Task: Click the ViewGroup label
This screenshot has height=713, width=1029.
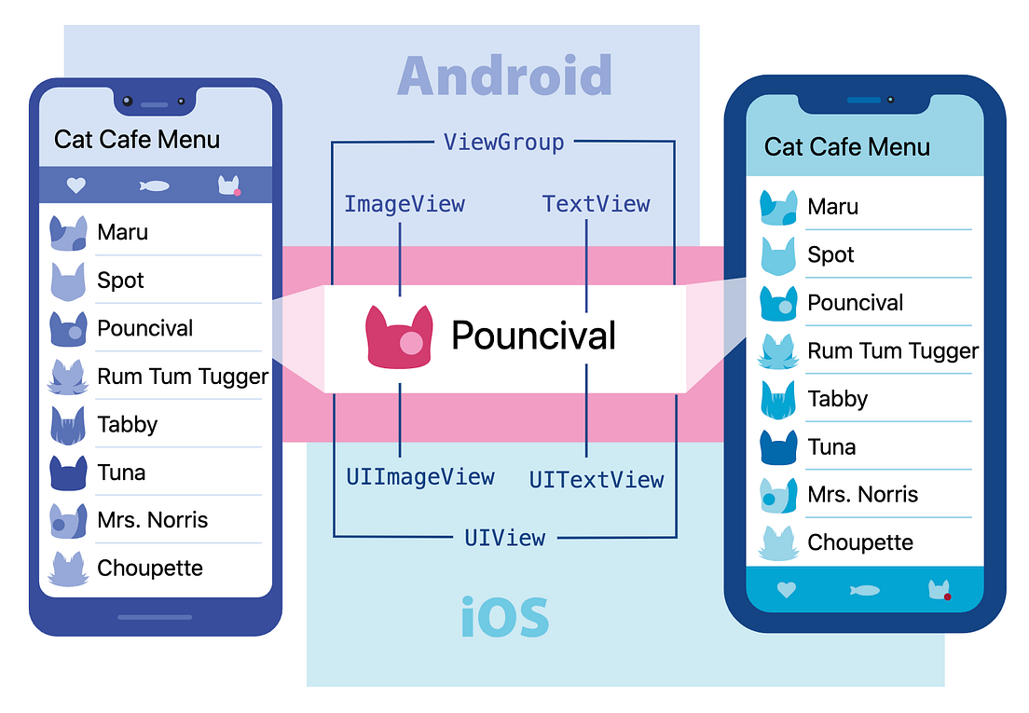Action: tap(503, 143)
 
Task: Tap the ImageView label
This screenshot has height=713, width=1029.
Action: tap(404, 204)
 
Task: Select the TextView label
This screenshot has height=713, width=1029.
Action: tap(596, 204)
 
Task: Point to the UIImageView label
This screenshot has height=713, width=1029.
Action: tap(420, 477)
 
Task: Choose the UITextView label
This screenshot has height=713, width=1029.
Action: tap(597, 480)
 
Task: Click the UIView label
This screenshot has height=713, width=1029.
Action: tap(504, 538)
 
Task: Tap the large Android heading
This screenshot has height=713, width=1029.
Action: tap(504, 76)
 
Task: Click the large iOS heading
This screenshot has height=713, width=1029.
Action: tap(504, 617)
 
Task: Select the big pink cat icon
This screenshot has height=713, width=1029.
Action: tap(400, 337)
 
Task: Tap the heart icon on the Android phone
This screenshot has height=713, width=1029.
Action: tap(76, 185)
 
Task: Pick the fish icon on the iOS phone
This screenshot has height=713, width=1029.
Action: tap(864, 590)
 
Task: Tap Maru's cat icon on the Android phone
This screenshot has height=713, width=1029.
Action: tap(68, 233)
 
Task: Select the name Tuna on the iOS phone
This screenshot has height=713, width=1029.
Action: tap(831, 447)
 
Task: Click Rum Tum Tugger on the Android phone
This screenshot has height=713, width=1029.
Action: tap(183, 377)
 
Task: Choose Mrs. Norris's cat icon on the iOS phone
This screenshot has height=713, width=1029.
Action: tap(777, 495)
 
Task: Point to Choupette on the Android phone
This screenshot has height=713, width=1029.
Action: tap(150, 569)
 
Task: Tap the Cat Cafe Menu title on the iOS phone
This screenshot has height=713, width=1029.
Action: tap(847, 147)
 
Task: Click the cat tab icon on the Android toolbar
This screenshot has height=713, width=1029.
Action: tap(229, 185)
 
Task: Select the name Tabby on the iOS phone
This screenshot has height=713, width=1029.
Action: tap(837, 399)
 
